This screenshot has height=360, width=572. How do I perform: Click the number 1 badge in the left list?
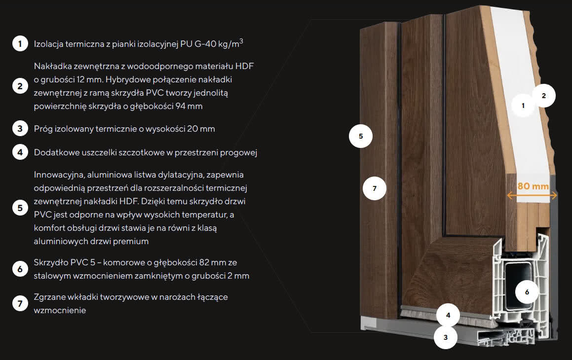20,43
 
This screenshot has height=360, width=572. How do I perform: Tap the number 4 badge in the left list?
20,152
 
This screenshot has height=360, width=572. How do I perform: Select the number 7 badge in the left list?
20,303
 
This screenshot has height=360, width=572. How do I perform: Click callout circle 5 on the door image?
361,136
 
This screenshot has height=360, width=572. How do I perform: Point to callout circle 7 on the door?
374,188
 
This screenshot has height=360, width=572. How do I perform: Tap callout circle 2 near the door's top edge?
543,96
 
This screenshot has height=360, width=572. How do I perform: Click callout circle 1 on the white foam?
523,106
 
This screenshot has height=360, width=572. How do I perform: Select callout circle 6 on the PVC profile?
527,292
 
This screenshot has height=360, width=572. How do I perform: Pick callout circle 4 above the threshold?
448,315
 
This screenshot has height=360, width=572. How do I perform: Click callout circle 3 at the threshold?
446,337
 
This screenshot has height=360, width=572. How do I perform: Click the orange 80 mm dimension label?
533,186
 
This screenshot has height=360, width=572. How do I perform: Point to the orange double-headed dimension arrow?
532,196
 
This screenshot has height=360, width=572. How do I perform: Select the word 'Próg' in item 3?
43,129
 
